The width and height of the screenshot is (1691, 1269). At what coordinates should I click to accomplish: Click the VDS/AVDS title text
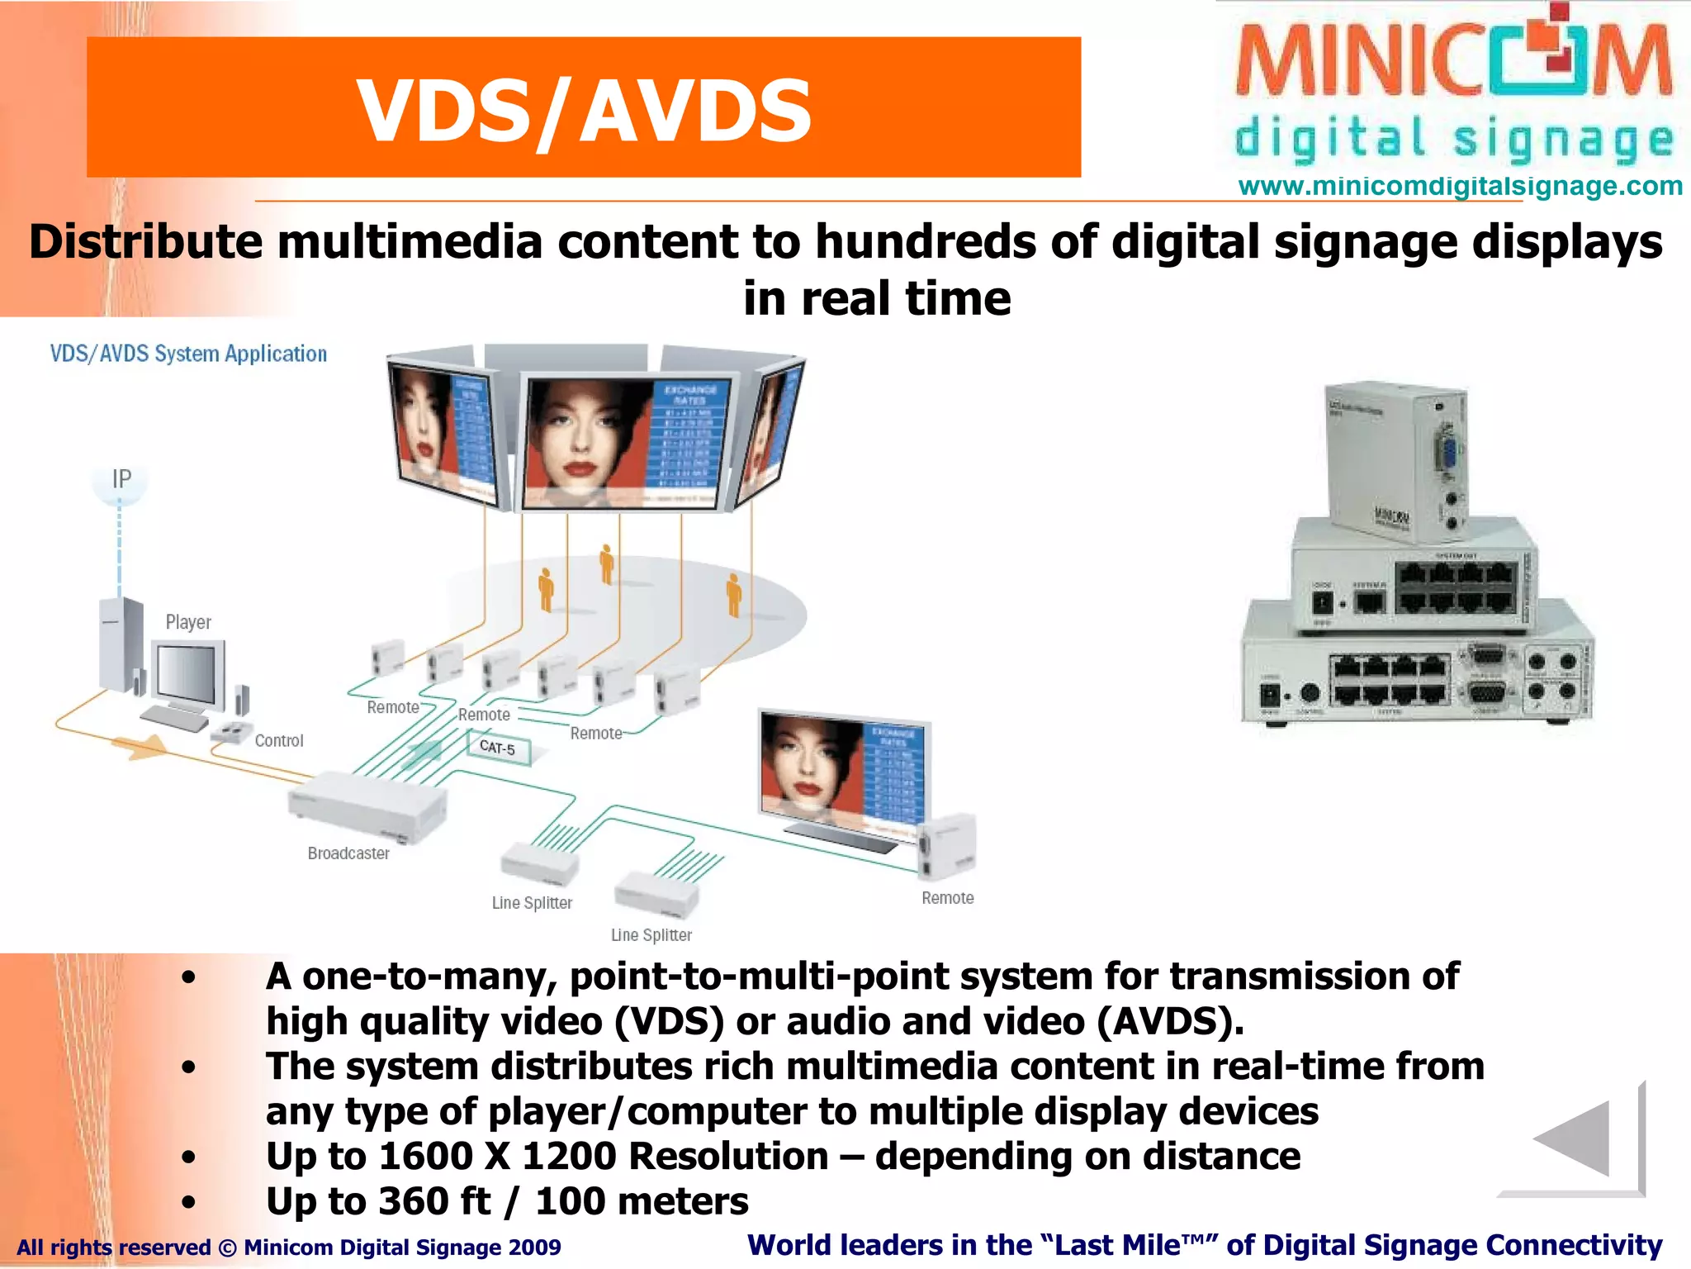coord(584,110)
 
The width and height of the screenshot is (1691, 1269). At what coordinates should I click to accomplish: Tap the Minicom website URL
coord(1460,186)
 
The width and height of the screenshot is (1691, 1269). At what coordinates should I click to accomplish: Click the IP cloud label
coord(121,479)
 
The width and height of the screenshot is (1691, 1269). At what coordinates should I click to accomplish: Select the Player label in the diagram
coord(188,622)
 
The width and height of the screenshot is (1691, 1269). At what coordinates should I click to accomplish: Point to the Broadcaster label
coord(348,853)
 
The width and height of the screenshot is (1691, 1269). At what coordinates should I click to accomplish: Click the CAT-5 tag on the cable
coord(497,748)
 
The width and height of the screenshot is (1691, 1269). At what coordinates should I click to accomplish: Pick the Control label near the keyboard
coord(279,741)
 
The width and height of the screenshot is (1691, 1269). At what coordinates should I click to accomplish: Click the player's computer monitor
coord(189,675)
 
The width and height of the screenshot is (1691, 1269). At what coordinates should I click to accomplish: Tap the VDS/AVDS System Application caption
coord(188,354)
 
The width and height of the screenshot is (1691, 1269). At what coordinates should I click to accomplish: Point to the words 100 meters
coord(642,1201)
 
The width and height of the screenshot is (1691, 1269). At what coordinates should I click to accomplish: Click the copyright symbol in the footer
coord(227,1248)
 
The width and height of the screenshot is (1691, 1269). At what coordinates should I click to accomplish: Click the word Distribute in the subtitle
coord(145,243)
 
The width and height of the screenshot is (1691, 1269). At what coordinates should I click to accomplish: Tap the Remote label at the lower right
coord(948,898)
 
